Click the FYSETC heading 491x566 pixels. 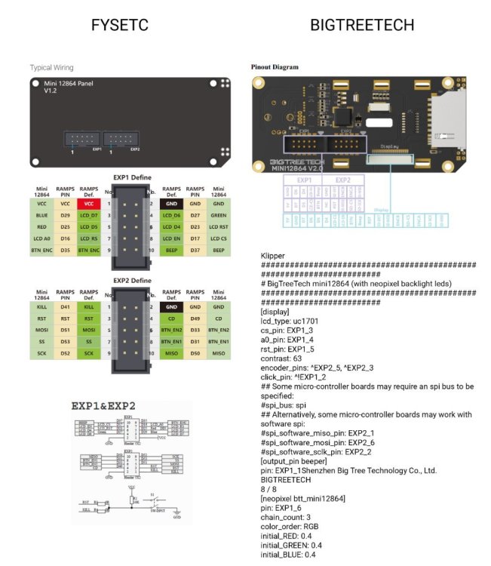119,25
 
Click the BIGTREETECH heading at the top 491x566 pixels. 362,25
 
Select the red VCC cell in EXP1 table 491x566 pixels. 89,204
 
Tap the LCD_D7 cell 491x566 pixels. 89,216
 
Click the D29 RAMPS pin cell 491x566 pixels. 66,216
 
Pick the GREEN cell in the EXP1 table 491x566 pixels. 219,216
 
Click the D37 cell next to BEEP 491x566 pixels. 195,250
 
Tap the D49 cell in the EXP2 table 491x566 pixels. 195,319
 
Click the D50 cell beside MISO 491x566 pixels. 195,353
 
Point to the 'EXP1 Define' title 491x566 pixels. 132,177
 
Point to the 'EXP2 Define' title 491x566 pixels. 132,281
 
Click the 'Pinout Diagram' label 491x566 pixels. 275,67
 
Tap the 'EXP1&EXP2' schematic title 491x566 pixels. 103,405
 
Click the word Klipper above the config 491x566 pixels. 272,257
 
